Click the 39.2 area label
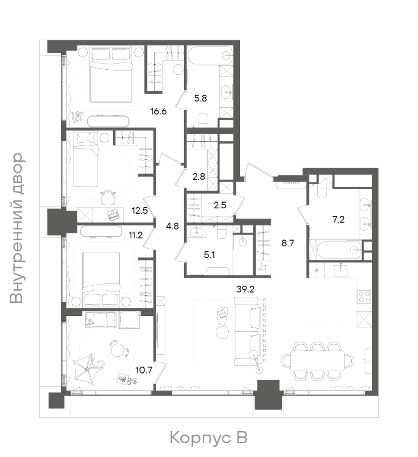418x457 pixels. click(x=245, y=289)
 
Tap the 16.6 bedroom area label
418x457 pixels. click(x=159, y=112)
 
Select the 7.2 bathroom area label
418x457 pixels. click(x=338, y=220)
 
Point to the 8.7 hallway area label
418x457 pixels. click(x=288, y=243)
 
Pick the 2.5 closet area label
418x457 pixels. click(x=220, y=205)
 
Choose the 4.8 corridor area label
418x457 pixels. click(x=172, y=226)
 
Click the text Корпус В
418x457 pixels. click(x=209, y=438)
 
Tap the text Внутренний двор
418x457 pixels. click(x=16, y=228)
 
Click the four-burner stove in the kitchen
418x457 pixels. click(x=364, y=297)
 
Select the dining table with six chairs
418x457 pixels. click(x=317, y=361)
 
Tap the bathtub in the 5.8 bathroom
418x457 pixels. click(x=210, y=56)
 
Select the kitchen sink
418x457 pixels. click(x=341, y=270)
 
